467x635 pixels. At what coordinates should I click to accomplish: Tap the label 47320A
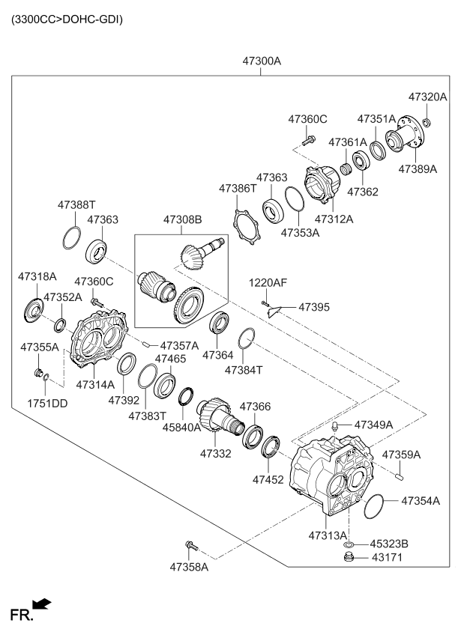tap(427, 97)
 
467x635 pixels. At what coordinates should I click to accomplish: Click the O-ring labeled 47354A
tap(374, 507)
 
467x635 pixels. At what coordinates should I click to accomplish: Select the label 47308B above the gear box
tap(183, 220)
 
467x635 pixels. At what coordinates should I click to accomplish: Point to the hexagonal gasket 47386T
tap(247, 225)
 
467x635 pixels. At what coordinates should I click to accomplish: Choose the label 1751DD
tap(48, 402)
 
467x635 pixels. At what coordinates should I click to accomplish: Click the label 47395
tap(313, 307)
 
